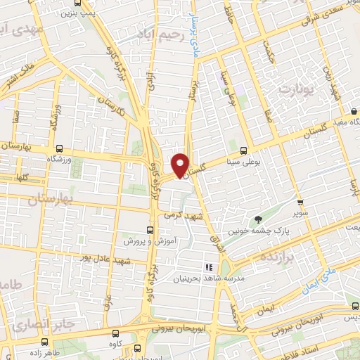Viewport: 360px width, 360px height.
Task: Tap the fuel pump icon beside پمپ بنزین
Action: [x=95, y=11]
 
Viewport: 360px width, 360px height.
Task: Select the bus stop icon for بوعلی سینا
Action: [x=244, y=150]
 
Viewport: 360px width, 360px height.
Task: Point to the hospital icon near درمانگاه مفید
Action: [x=353, y=111]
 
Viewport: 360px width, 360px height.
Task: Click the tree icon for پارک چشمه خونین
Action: [x=257, y=220]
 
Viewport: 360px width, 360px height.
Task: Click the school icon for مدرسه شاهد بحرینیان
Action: [x=207, y=267]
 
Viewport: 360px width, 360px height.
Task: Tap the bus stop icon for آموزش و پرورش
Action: [x=149, y=230]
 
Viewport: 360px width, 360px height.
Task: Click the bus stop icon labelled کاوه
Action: [x=116, y=335]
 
